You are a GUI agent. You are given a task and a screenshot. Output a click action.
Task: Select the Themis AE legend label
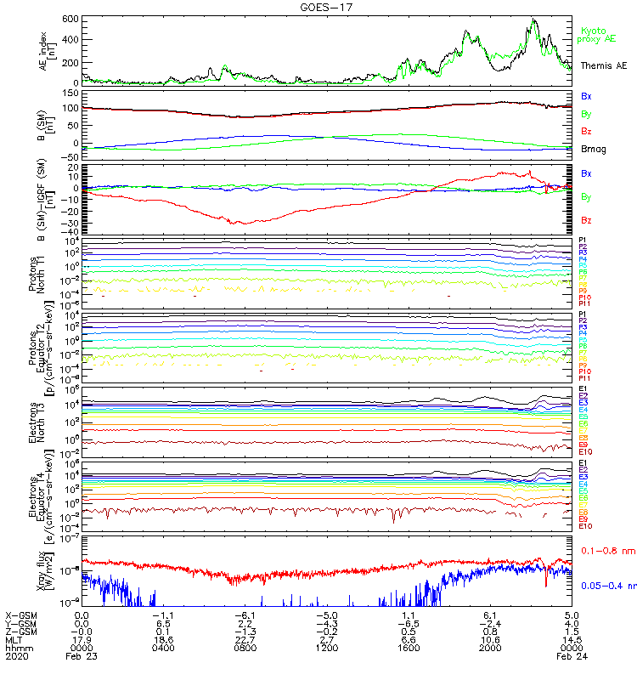604,65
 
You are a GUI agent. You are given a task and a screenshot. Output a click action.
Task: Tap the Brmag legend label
593,149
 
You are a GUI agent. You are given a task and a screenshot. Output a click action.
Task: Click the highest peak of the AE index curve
533,19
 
